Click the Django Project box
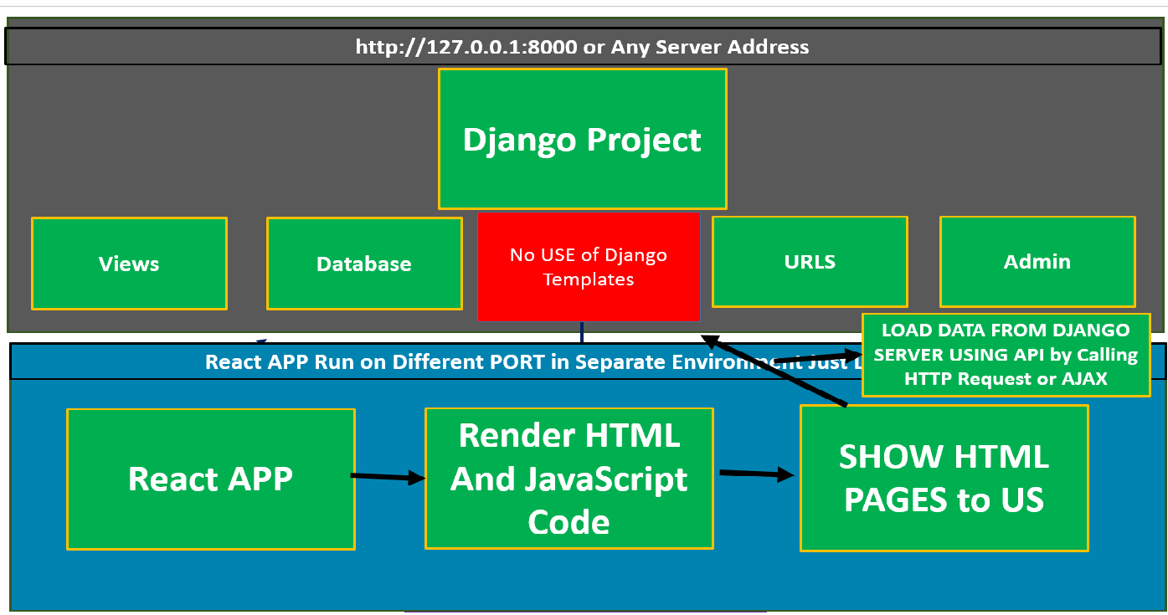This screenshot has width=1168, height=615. click(x=582, y=139)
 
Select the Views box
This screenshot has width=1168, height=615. click(x=129, y=264)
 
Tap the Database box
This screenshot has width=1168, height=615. click(x=364, y=264)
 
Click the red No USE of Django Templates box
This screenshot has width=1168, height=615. click(x=589, y=266)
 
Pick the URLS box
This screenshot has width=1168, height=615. click(x=810, y=262)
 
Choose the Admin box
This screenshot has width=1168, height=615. click(x=1037, y=262)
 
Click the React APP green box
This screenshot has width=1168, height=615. click(x=211, y=479)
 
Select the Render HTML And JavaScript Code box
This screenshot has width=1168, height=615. click(x=569, y=479)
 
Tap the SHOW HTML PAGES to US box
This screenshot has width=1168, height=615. click(x=944, y=479)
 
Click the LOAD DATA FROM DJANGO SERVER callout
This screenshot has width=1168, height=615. click(x=1006, y=355)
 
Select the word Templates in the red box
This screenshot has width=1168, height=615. click(x=589, y=279)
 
